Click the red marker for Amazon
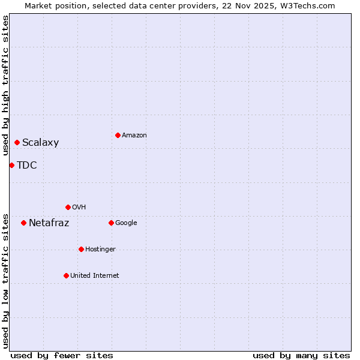[x=118, y=135]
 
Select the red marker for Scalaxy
[x=17, y=142]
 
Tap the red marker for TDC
[x=11, y=165]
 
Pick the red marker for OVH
[x=68, y=207]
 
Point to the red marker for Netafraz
[x=23, y=223]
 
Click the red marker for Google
[x=111, y=223]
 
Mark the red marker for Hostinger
[x=81, y=249]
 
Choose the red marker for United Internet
[x=66, y=275]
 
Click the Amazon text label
[x=134, y=136]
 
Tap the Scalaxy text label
[x=41, y=143]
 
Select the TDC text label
[x=27, y=166]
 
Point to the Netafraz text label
[x=49, y=223]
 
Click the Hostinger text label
[x=100, y=250]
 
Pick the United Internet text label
[x=95, y=276]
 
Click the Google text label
[x=126, y=223]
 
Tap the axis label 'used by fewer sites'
[x=62, y=355]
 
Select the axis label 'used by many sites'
[x=301, y=355]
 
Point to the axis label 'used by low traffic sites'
[x=5, y=280]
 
